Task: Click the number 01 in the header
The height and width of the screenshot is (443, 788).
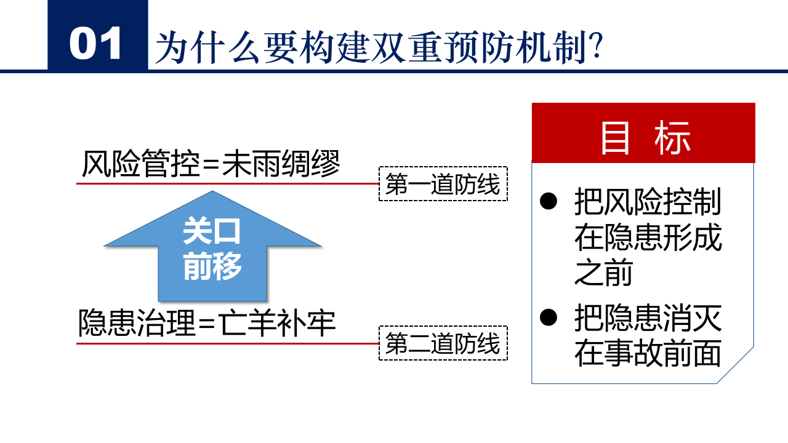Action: tap(96, 44)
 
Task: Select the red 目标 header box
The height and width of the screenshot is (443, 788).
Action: tap(643, 133)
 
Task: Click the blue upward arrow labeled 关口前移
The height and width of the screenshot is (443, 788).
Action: tap(212, 246)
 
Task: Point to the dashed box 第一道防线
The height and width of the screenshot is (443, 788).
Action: tap(443, 184)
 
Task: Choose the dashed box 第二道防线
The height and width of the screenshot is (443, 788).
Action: tap(443, 343)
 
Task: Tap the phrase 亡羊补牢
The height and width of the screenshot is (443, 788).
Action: tap(278, 323)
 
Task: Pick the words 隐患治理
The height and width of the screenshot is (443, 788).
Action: tap(137, 323)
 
